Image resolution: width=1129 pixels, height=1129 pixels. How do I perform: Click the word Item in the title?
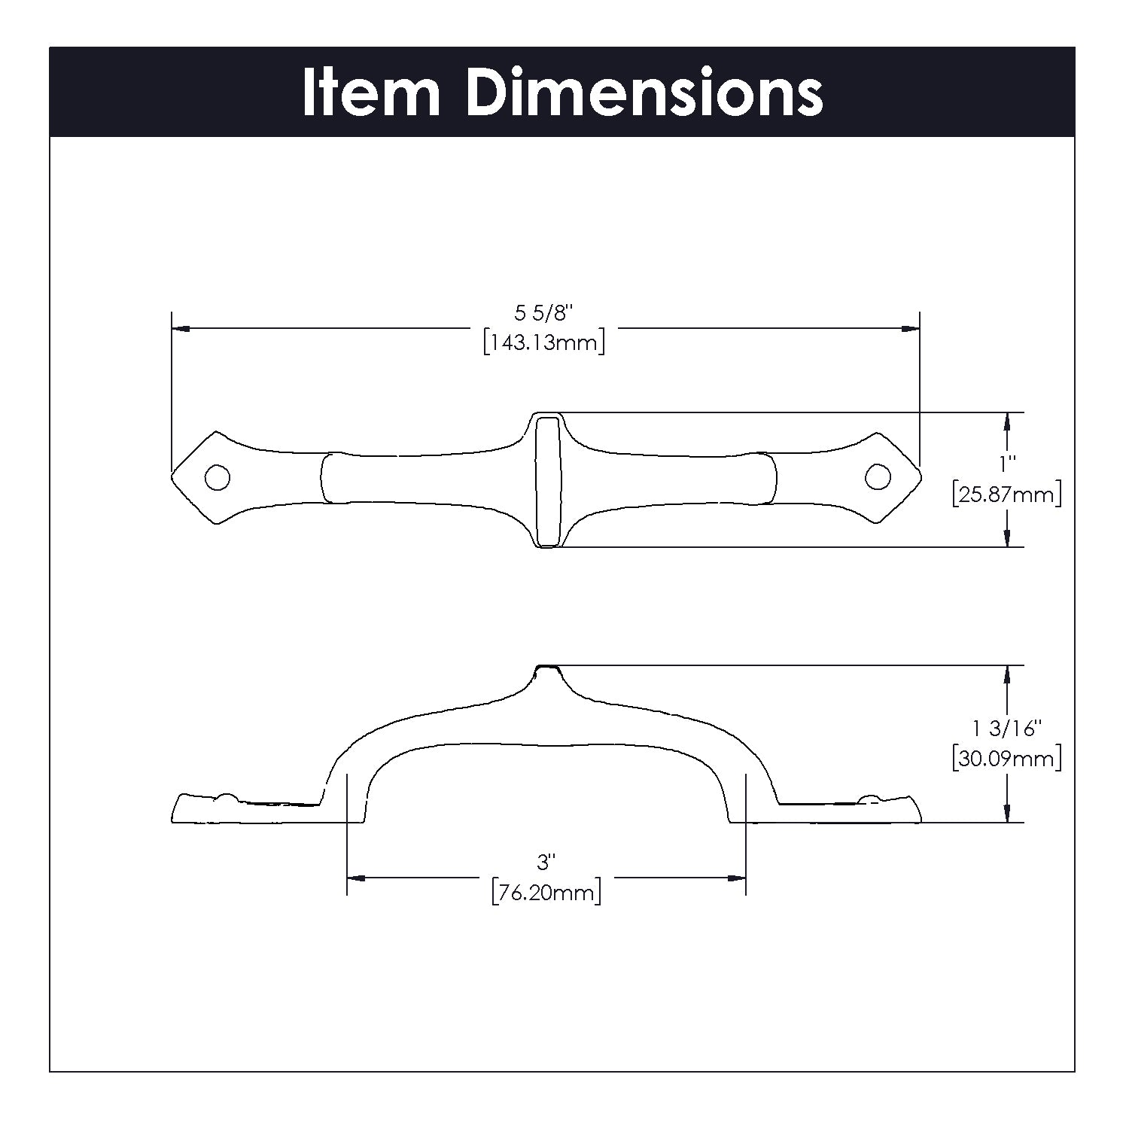click(370, 93)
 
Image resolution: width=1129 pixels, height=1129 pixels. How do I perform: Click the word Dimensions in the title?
click(644, 93)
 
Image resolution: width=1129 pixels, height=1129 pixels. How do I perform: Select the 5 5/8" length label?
click(544, 312)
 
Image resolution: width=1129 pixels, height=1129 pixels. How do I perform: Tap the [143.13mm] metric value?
click(544, 343)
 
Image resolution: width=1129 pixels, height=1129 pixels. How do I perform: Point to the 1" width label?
click(1007, 460)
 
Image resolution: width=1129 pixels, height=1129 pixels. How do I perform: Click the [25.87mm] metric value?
click(1007, 495)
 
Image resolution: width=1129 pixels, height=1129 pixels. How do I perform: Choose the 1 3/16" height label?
click(1007, 728)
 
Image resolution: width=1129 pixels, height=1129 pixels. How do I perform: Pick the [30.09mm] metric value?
click(1007, 758)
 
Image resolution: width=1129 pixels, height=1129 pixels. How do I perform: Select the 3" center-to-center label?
click(545, 861)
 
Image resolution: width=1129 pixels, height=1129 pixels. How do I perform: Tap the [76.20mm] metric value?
click(546, 893)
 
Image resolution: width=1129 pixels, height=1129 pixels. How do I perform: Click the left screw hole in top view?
click(218, 477)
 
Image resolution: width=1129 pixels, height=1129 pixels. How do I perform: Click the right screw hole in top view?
click(877, 476)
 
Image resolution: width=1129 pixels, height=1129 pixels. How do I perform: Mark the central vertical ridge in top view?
click(547, 479)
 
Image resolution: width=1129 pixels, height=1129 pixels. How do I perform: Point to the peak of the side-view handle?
click(546, 668)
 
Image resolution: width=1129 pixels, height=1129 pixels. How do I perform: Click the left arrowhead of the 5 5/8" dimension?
click(181, 329)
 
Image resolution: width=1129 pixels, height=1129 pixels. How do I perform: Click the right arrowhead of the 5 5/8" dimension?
click(911, 329)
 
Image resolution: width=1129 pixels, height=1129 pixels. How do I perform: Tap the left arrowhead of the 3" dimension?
click(355, 878)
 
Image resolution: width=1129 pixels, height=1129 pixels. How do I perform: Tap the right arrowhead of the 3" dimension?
click(737, 878)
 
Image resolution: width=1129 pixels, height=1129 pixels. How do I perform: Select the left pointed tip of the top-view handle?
click(174, 477)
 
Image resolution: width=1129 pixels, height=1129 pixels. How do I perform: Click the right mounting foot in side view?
click(851, 810)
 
